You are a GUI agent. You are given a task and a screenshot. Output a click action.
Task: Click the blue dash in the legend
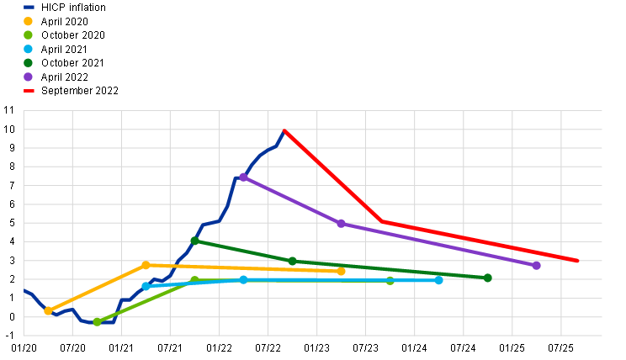coord(29,7)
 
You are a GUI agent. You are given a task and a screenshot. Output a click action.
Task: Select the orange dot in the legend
coord(28,21)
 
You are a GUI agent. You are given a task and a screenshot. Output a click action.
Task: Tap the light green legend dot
coord(28,34)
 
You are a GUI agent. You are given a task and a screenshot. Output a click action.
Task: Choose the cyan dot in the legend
coord(28,49)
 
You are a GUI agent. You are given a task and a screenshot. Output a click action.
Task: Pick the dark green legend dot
coord(28,62)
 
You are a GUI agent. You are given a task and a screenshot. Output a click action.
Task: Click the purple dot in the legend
coord(28,77)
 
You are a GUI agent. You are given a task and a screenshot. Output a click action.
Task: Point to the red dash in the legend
coord(29,90)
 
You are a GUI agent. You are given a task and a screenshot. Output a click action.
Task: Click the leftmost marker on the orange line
coord(48,310)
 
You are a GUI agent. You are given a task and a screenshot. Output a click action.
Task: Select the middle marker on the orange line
coord(146,265)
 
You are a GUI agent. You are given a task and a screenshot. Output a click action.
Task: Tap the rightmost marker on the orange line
coord(341,271)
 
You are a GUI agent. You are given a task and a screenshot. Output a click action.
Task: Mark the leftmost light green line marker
coord(97,321)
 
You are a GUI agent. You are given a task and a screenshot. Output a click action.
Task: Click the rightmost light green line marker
coord(390,280)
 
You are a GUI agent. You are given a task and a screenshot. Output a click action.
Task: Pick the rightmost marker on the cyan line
coord(438,280)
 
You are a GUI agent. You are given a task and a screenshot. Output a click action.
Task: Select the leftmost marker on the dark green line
coord(194,241)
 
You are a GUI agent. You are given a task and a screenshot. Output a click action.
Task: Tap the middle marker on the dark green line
coord(292,261)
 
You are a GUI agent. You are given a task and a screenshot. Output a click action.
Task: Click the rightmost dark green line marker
coord(487,278)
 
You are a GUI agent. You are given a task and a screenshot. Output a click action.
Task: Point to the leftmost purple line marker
coord(243,177)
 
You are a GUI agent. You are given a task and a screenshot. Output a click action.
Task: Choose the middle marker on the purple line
coord(341,223)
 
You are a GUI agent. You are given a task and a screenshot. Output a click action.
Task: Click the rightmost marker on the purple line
coord(536,265)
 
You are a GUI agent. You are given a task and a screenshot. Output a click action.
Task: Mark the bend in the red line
coord(382,221)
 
